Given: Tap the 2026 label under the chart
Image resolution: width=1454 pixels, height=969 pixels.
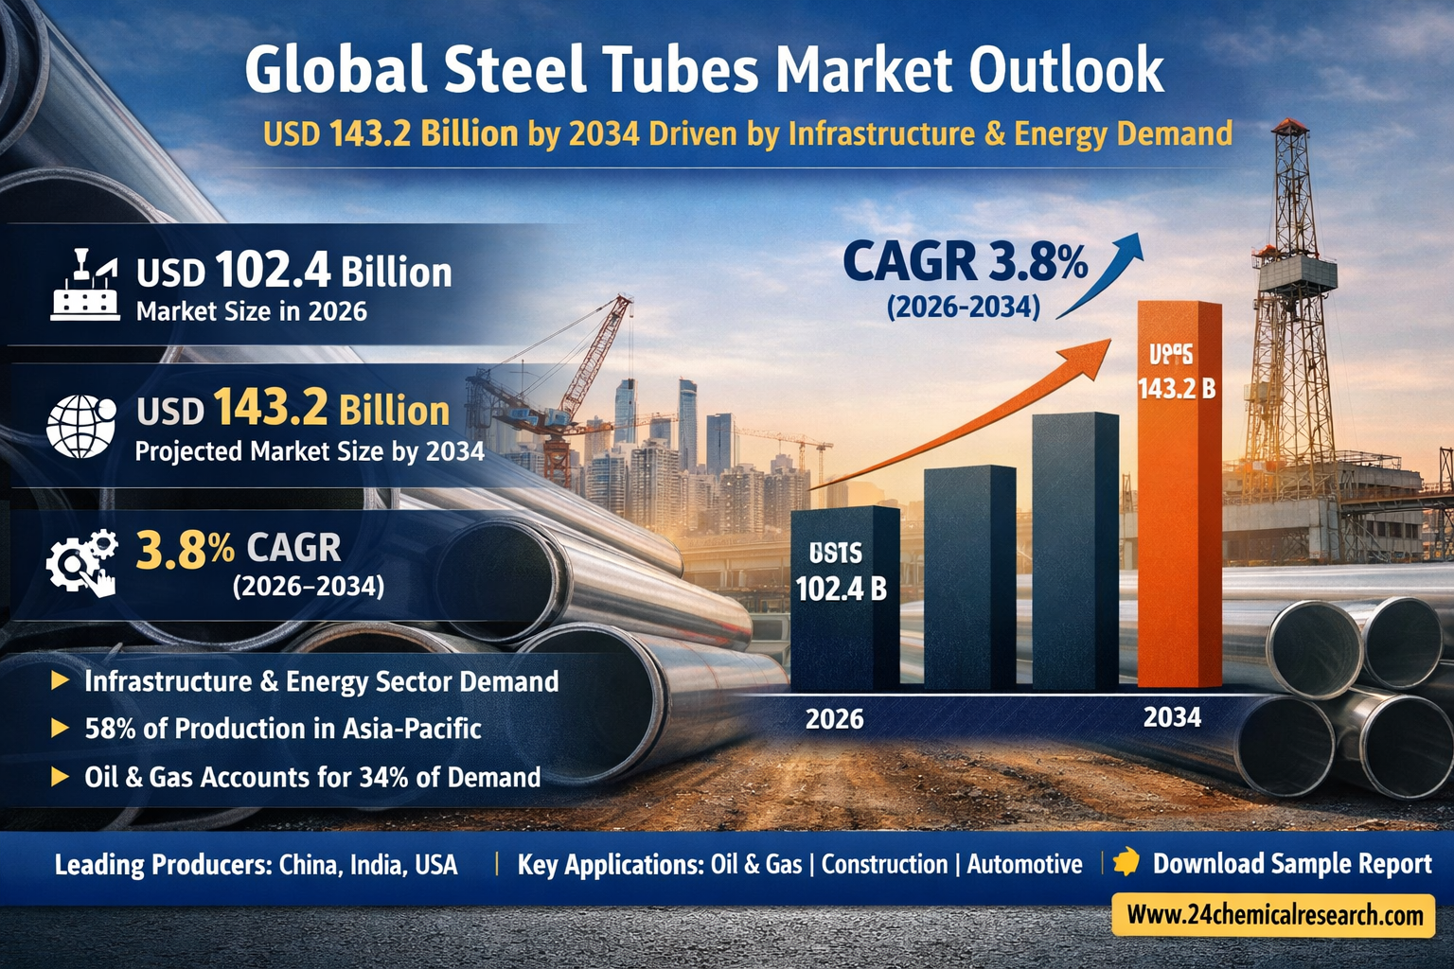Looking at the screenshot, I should tap(834, 719).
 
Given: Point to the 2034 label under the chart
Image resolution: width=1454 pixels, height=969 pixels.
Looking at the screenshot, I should tap(1172, 717).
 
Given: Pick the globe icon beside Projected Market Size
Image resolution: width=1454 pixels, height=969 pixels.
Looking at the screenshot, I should tap(80, 427).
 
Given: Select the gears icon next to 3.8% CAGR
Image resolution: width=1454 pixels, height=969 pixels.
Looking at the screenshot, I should tap(82, 562).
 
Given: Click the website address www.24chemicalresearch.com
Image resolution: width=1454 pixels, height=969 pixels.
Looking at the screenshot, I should tap(1274, 915).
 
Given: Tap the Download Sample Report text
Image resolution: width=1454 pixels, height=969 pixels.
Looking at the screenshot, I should tap(1291, 864).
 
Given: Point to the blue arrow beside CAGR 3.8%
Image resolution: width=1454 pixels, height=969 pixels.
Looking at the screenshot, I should tap(1104, 274).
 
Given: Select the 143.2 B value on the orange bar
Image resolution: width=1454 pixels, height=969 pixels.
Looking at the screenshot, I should tap(1177, 388).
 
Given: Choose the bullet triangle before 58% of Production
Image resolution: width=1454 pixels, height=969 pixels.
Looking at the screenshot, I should tap(60, 728).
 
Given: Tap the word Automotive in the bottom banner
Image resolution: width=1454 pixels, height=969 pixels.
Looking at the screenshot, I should tap(1024, 864).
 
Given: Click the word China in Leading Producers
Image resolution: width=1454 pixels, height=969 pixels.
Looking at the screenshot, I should tap(309, 864).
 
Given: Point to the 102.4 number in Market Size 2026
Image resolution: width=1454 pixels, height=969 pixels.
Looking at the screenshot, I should tap(273, 271).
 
